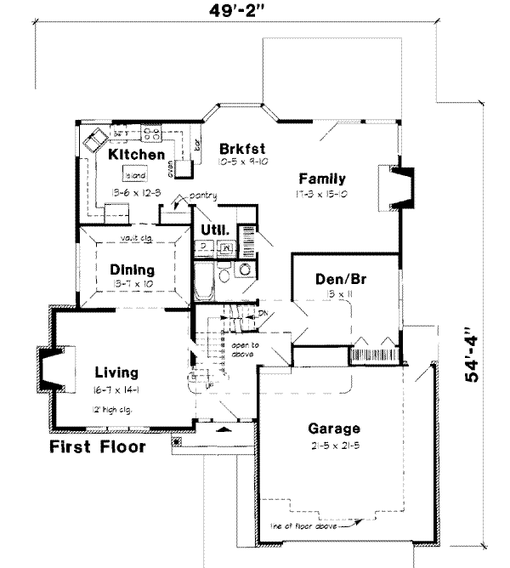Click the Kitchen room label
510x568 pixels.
pos(136,155)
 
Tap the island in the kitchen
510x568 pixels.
pos(135,176)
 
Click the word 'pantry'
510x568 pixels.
pos(203,196)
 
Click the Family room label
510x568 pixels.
pos(321,179)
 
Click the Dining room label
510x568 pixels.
pos(133,270)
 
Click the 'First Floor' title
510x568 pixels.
pos(96,446)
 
